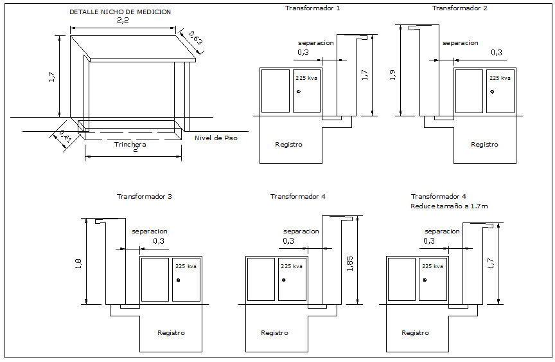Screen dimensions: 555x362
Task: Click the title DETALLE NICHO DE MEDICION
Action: (120, 12)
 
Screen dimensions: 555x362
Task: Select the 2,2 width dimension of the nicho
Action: (123, 21)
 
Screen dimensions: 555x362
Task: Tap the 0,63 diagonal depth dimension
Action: (196, 38)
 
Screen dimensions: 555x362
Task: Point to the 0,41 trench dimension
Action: (65, 136)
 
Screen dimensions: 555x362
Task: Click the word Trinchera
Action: (130, 144)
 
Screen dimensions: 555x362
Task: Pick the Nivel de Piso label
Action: (216, 138)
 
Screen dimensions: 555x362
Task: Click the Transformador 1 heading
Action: (313, 8)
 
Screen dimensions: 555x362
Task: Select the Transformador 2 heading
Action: (459, 8)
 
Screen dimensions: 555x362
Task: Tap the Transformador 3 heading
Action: (145, 196)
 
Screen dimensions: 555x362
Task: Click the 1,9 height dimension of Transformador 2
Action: (392, 75)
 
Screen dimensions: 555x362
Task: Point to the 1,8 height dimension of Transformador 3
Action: (78, 264)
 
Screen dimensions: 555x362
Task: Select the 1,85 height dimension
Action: (349, 264)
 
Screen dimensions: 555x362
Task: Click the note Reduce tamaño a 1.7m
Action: (449, 206)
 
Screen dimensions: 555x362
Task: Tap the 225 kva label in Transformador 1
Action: (306, 78)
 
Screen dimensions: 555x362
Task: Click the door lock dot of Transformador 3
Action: (178, 280)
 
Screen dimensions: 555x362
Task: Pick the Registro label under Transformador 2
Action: (484, 144)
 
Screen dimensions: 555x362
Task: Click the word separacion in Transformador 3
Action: (150, 231)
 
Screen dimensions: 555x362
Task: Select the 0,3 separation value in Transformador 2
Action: (497, 53)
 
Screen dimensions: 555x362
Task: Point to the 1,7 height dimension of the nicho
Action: (52, 77)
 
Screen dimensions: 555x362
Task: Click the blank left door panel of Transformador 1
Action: (276, 91)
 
